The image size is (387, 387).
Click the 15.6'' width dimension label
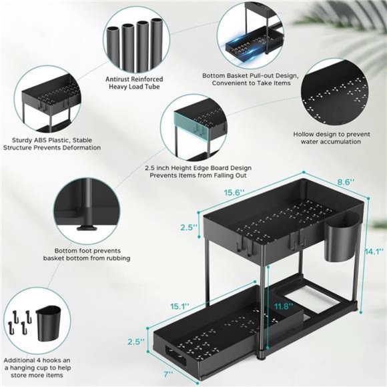click(233, 192)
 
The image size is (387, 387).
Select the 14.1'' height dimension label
click(374, 251)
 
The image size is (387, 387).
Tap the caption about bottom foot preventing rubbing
click(87, 254)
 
